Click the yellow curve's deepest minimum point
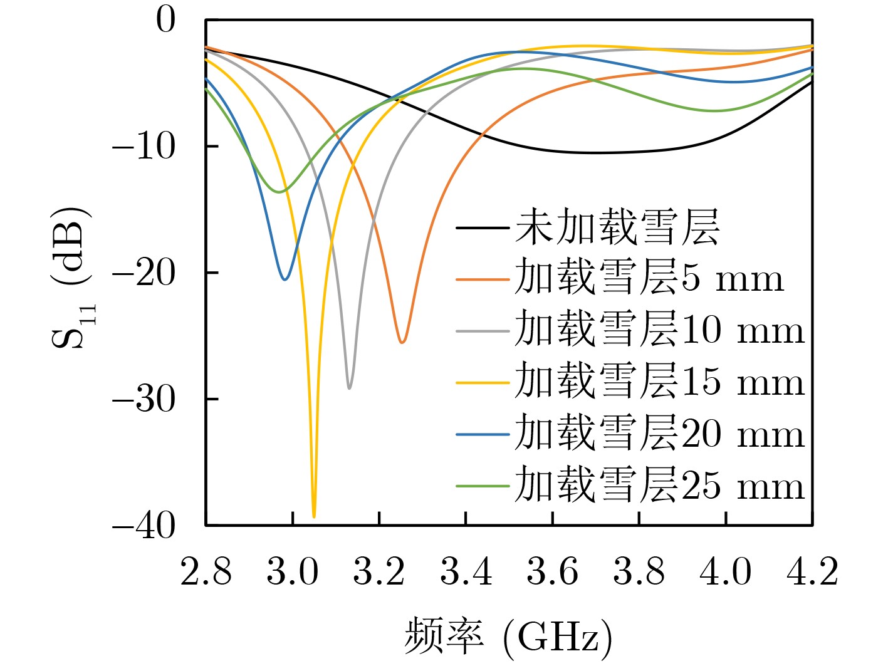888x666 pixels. point(314,516)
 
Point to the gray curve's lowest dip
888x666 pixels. point(349,388)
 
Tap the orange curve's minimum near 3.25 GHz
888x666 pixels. point(402,342)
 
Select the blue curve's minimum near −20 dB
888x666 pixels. point(285,279)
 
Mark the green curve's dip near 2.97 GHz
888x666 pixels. point(279,191)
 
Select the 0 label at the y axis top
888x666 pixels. point(166,20)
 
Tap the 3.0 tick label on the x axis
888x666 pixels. point(293,572)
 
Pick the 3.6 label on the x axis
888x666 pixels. point(552,572)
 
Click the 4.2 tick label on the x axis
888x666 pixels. point(812,572)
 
